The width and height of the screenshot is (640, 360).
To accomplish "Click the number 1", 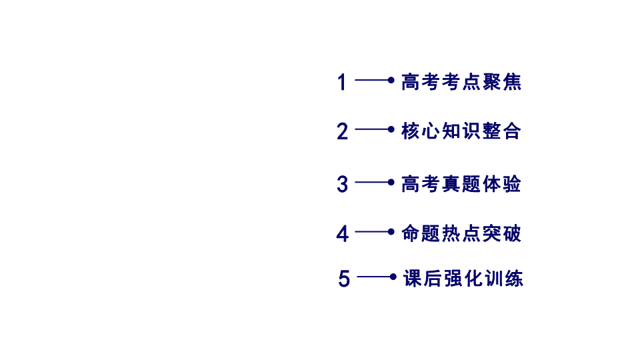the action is click(x=342, y=82).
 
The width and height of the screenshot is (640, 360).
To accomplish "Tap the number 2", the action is click(x=343, y=131).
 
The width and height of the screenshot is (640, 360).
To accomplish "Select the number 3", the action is click(x=343, y=184).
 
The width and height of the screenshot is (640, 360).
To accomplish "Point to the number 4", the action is click(x=343, y=234).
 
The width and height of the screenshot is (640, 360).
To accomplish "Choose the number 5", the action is click(x=344, y=279).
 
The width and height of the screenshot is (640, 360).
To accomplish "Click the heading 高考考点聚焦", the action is click(x=461, y=82).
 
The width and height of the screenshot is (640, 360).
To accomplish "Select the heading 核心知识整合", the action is click(x=461, y=131).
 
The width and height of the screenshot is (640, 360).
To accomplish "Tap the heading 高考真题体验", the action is click(x=461, y=184).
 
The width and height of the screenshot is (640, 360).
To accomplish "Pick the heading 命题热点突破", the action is click(x=461, y=233).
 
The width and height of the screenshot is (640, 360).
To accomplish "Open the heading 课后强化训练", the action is click(x=463, y=279).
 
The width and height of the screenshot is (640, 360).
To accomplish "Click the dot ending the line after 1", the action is click(x=391, y=80).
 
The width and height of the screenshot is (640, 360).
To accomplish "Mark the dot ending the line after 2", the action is click(x=391, y=129).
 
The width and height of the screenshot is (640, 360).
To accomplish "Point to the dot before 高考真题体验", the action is click(x=391, y=182).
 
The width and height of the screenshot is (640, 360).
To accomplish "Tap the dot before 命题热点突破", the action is click(x=391, y=232).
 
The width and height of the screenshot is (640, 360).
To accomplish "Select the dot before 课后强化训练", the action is click(x=393, y=277).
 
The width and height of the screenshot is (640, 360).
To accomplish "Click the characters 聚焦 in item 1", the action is click(x=502, y=82).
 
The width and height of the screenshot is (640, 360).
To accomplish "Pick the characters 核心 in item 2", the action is click(x=421, y=131).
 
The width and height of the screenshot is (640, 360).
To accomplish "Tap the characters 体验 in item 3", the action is click(x=502, y=184).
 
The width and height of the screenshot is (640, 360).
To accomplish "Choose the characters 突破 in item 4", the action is click(x=502, y=233).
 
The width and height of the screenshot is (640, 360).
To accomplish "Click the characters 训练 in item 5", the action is click(x=504, y=279).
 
